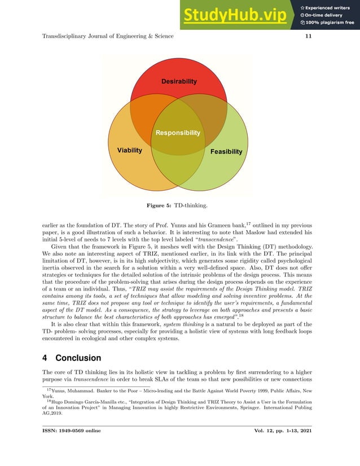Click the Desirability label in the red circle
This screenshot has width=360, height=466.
click(179, 82)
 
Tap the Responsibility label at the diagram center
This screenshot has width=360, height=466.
click(178, 133)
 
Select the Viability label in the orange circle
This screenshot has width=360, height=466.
click(129, 151)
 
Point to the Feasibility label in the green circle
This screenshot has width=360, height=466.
click(226, 152)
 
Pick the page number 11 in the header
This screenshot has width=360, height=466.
click(308, 37)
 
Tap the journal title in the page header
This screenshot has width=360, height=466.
click(108, 37)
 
